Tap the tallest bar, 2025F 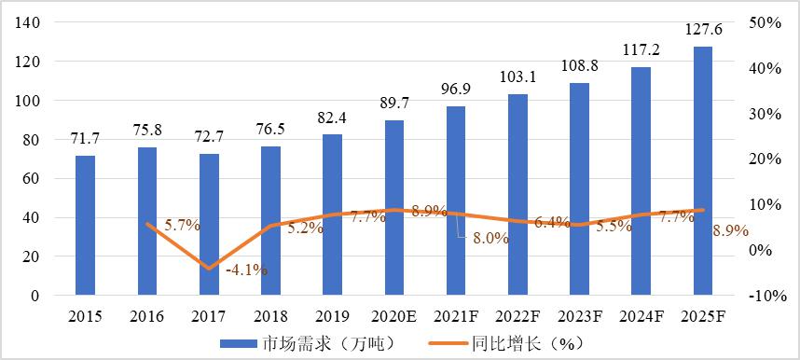click(702, 171)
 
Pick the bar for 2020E click(394, 207)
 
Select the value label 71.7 click(85, 139)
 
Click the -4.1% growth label click(246, 270)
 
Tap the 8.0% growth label click(490, 238)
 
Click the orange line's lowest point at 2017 click(209, 268)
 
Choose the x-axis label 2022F click(517, 317)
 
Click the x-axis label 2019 click(332, 317)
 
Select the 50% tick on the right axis click(765, 22)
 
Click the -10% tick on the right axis click(763, 296)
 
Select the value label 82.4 click(332, 118)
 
